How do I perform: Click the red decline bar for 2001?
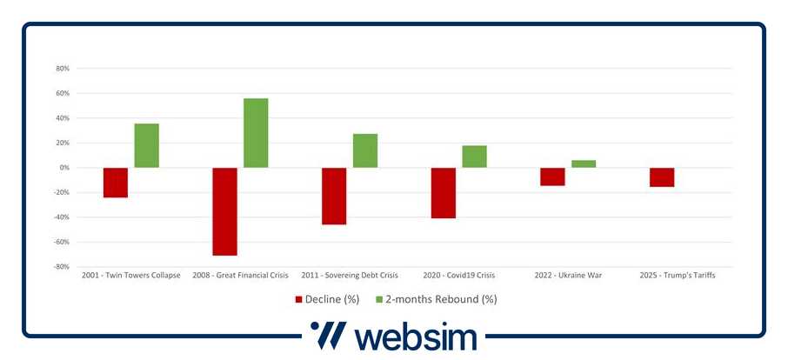point(116,183)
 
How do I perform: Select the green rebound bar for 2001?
point(147,145)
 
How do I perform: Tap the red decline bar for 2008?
point(224,211)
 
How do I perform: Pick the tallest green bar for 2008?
point(256,133)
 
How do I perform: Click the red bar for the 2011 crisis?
point(334,196)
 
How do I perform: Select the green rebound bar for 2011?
point(365,150)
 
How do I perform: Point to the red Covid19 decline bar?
point(444,192)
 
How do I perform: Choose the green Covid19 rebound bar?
point(475,157)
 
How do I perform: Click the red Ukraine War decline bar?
point(552,177)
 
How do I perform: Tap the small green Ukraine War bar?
point(584,163)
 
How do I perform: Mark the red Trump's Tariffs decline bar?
point(662,177)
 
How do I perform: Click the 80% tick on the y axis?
point(62,69)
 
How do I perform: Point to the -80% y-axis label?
point(61,267)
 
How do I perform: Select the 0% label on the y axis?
point(63,168)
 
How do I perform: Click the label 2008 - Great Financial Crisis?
point(240,275)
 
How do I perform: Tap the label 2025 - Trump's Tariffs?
point(678,275)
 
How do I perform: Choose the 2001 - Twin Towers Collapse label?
point(131,275)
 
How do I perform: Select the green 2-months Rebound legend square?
point(379,299)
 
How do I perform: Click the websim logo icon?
point(329,336)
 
